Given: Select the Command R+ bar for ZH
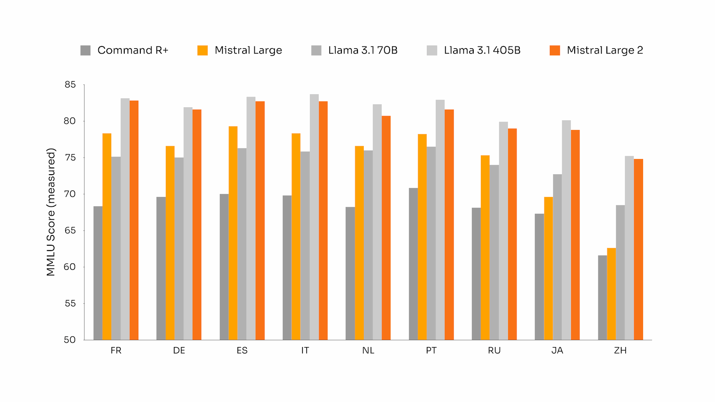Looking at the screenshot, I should pyautogui.click(x=602, y=297).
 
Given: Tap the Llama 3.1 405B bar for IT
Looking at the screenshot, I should pyautogui.click(x=314, y=217).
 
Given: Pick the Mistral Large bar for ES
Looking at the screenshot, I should pyautogui.click(x=233, y=233).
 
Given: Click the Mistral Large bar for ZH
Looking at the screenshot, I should pyautogui.click(x=611, y=294).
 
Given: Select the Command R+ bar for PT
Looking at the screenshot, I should pyautogui.click(x=413, y=264).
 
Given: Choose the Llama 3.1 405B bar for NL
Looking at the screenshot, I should pyautogui.click(x=377, y=222).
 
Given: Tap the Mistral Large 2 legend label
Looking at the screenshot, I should pyautogui.click(x=605, y=50).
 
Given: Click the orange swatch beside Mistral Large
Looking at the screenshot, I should pyautogui.click(x=202, y=50).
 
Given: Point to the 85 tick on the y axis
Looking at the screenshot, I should pyautogui.click(x=70, y=84).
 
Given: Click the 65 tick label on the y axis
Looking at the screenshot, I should pyautogui.click(x=70, y=230).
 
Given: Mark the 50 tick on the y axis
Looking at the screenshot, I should pyautogui.click(x=70, y=339).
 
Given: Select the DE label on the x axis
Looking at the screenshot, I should pyautogui.click(x=179, y=351).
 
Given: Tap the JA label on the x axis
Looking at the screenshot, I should pyautogui.click(x=557, y=351).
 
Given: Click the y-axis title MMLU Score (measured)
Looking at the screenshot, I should pyautogui.click(x=51, y=212).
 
